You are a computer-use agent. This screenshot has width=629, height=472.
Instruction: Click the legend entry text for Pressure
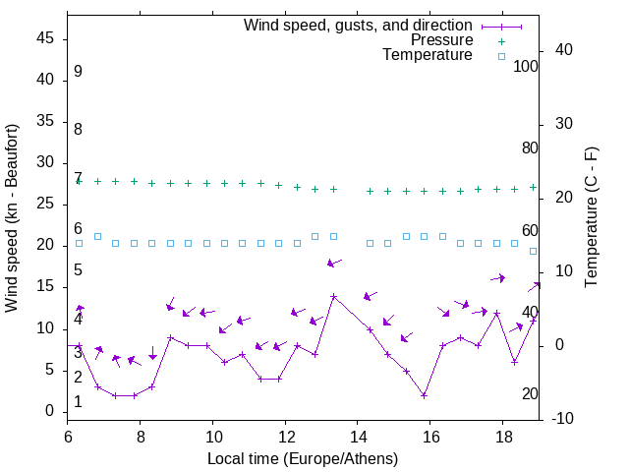(x=441, y=40)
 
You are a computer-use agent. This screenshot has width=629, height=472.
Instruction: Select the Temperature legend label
(x=428, y=55)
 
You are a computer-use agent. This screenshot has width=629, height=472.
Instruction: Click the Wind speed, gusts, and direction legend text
(x=358, y=25)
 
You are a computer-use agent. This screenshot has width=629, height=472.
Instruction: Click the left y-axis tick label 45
(x=45, y=39)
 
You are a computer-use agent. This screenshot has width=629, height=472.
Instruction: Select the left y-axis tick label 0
(x=49, y=411)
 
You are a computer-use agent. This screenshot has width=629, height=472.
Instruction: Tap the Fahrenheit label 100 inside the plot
(x=527, y=66)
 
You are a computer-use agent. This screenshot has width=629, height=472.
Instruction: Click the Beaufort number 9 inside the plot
(x=78, y=72)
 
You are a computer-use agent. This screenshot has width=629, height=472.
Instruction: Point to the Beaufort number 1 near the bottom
(x=78, y=402)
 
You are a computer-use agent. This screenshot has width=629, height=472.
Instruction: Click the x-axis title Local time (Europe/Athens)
(x=303, y=458)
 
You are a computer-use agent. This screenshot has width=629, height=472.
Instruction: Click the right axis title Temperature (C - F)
(x=591, y=217)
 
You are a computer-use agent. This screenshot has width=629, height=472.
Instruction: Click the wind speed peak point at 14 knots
(x=333, y=296)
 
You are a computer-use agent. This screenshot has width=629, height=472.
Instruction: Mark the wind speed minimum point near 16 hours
(x=424, y=395)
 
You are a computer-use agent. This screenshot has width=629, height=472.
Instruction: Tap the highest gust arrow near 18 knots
(x=334, y=263)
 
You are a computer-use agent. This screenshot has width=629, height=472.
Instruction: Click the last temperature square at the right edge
(x=533, y=251)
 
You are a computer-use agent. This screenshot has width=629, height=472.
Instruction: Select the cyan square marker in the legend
(x=501, y=56)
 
